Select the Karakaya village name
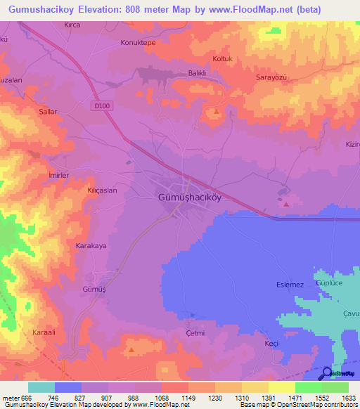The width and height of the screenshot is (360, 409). point(91,247)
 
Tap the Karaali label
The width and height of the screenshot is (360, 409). point(43,331)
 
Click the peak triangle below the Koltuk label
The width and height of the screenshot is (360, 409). point(217,112)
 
